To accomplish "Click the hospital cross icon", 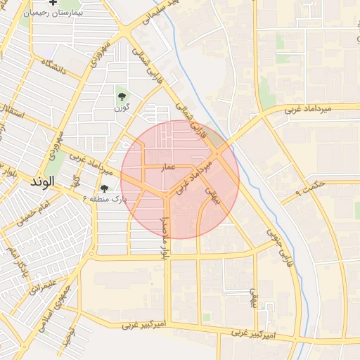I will (53, 4).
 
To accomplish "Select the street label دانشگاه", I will (53, 67).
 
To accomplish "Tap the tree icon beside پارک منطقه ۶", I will (105, 188).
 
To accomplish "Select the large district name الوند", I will (43, 181).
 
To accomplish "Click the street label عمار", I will (169, 167).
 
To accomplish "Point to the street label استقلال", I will (13, 112).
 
